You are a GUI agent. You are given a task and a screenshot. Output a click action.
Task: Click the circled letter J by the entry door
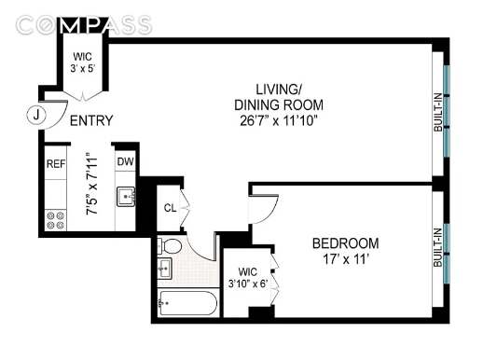pyautogui.click(x=36, y=115)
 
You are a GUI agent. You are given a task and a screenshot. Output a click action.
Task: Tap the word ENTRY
pyautogui.click(x=91, y=120)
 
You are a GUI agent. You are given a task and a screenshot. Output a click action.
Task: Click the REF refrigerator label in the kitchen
pyautogui.click(x=56, y=164)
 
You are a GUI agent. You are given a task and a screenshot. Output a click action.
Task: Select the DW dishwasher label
pyautogui.click(x=126, y=161)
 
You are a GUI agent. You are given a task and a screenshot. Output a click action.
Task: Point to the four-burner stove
pyautogui.click(x=55, y=220)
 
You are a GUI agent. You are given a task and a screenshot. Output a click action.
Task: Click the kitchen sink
pyautogui.click(x=126, y=197)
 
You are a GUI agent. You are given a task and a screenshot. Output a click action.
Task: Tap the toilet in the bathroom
pyautogui.click(x=169, y=245)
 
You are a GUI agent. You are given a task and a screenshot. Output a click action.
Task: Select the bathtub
pyautogui.click(x=188, y=303)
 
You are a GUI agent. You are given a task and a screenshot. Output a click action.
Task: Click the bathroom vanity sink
pyautogui.click(x=164, y=269)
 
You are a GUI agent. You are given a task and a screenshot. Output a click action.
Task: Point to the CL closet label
pyautogui.click(x=170, y=208)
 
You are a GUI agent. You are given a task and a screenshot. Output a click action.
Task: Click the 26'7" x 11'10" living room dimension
pyautogui.click(x=279, y=121)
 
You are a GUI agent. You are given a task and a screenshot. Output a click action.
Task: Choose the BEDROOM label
pyautogui.click(x=345, y=243)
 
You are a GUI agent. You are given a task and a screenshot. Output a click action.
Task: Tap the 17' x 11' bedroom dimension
pyautogui.click(x=346, y=259)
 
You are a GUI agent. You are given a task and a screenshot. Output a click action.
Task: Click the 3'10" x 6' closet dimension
pyautogui.click(x=248, y=283)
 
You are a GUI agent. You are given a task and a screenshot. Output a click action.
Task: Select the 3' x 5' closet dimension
pyautogui.click(x=83, y=68)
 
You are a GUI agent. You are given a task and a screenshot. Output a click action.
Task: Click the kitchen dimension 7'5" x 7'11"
pyautogui.click(x=92, y=184)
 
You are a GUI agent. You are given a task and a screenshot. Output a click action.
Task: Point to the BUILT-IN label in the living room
pyautogui.click(x=437, y=112)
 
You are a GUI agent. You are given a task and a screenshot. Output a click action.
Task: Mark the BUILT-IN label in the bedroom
pyautogui.click(x=437, y=247)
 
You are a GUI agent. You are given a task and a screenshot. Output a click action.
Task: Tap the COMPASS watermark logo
pyautogui.click(x=84, y=25)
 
